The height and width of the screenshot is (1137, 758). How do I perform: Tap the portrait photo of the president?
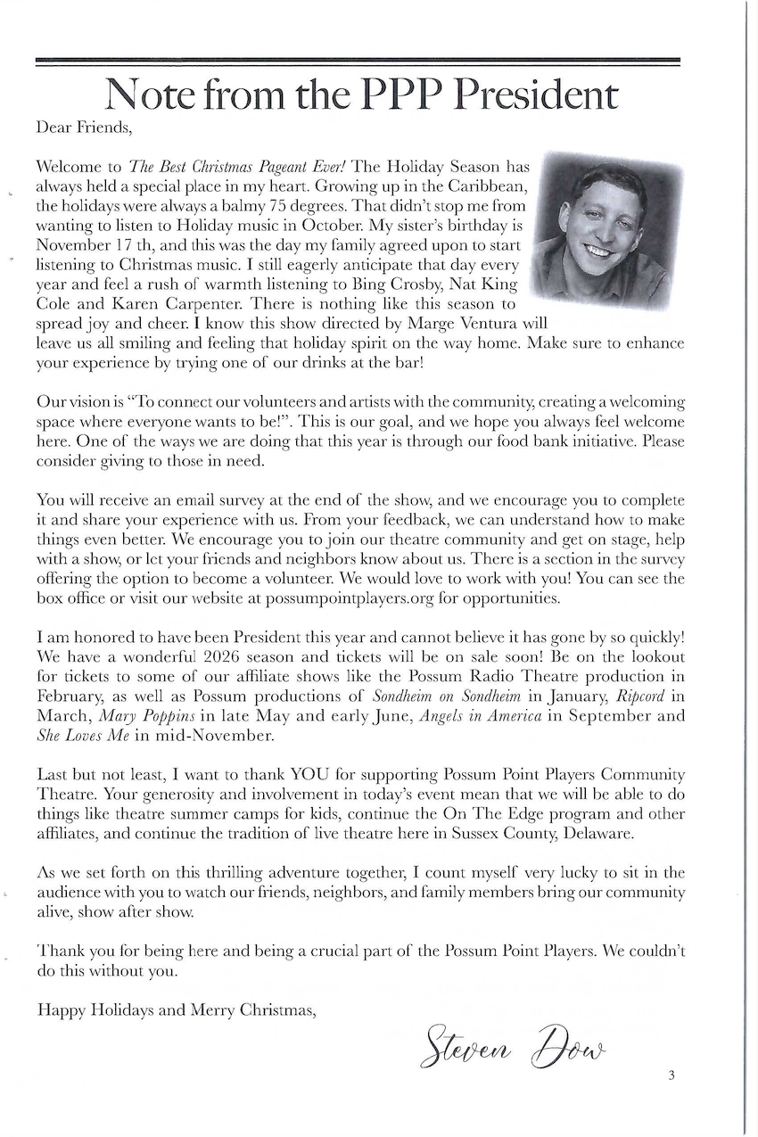point(606,227)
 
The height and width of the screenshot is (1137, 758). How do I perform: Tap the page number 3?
point(671,1075)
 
